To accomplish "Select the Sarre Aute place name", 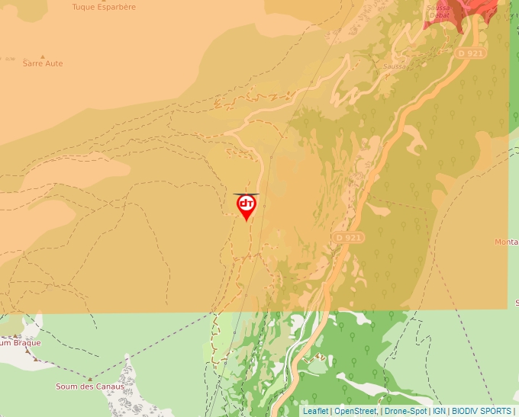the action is pos(43,64).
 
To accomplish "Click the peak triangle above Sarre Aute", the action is pos(43,56).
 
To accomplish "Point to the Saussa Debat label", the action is pos(440,11).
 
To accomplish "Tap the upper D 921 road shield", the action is pos(471,53).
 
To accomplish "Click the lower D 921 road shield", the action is pos(348,238).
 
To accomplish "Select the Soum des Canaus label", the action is pos(90,387).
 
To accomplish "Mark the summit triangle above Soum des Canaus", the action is pos(90,378).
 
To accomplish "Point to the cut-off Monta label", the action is pos(506,242).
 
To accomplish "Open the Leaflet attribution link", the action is pos(316,411).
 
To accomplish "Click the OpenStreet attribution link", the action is pos(355,411).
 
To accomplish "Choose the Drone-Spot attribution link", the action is pos(405,411).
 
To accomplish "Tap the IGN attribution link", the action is pos(439,411).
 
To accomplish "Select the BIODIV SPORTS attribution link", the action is pos(482,411).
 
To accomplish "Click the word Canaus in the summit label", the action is pos(110,387).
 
